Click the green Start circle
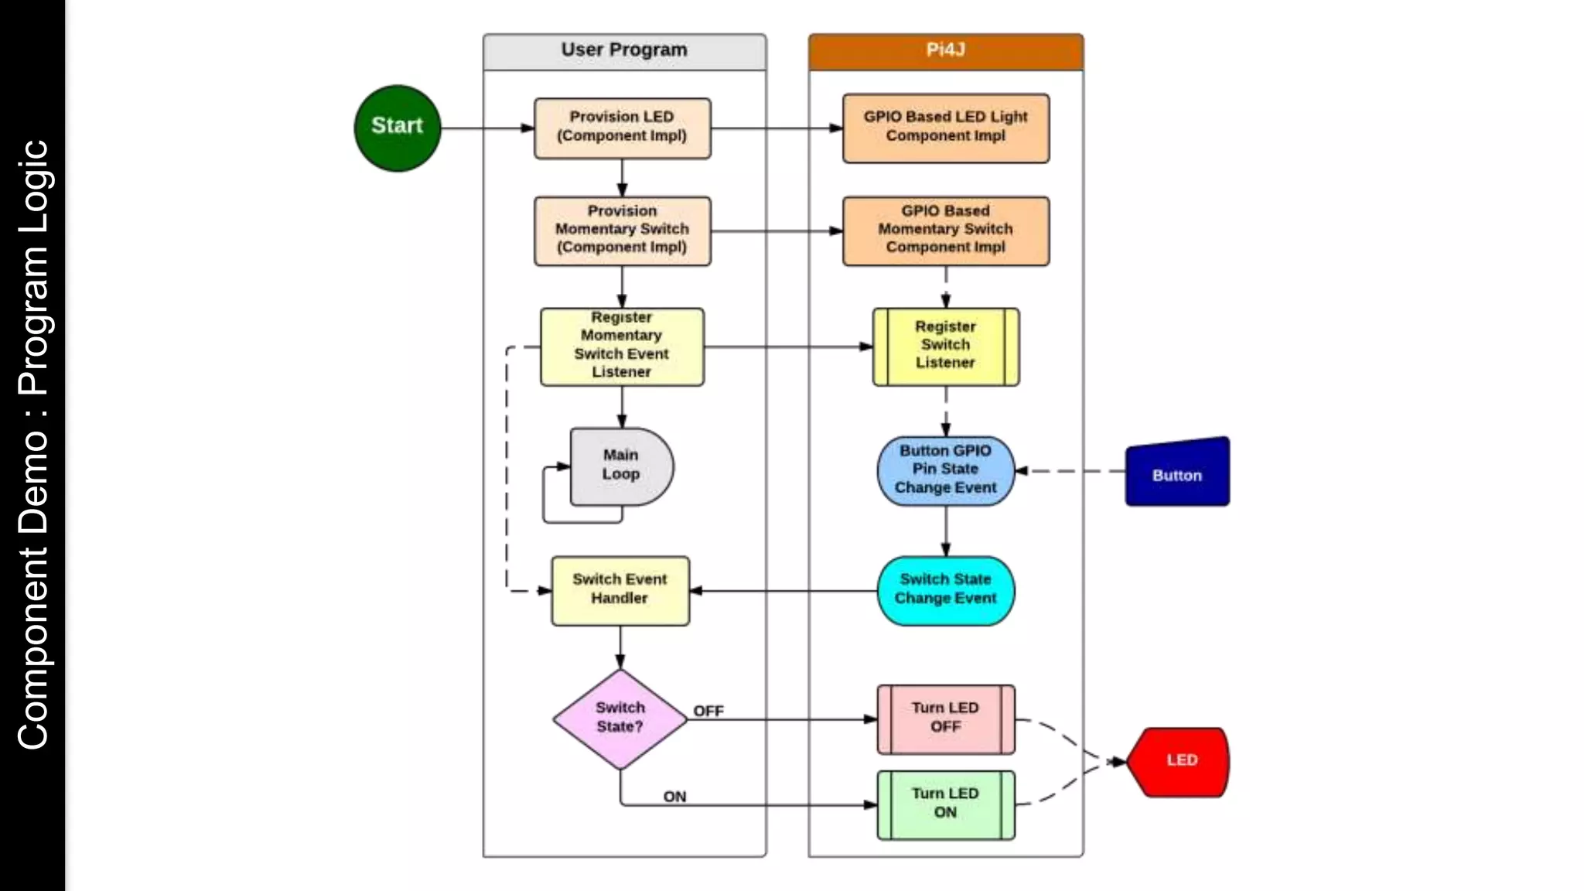pyautogui.click(x=397, y=128)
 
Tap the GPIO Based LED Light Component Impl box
pyautogui.click(x=945, y=128)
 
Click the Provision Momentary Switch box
pyautogui.click(x=622, y=230)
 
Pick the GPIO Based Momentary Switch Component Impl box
pyautogui.click(x=945, y=230)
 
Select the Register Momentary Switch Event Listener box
pyautogui.click(x=622, y=346)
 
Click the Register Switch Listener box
pyautogui.click(x=945, y=346)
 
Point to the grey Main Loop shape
pyautogui.click(x=620, y=466)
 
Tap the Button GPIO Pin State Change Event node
pyautogui.click(x=945, y=469)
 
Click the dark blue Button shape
pyautogui.click(x=1176, y=473)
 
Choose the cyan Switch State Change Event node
pyautogui.click(x=945, y=590)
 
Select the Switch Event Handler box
pyautogui.click(x=620, y=590)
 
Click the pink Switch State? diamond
pyautogui.click(x=620, y=719)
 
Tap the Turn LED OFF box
pyautogui.click(x=945, y=719)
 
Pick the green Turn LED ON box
pyautogui.click(x=945, y=804)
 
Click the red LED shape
pyautogui.click(x=1179, y=761)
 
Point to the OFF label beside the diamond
pyautogui.click(x=708, y=711)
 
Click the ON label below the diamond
pyautogui.click(x=674, y=796)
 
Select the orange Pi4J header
pyautogui.click(x=945, y=50)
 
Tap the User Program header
pyautogui.click(x=624, y=50)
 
